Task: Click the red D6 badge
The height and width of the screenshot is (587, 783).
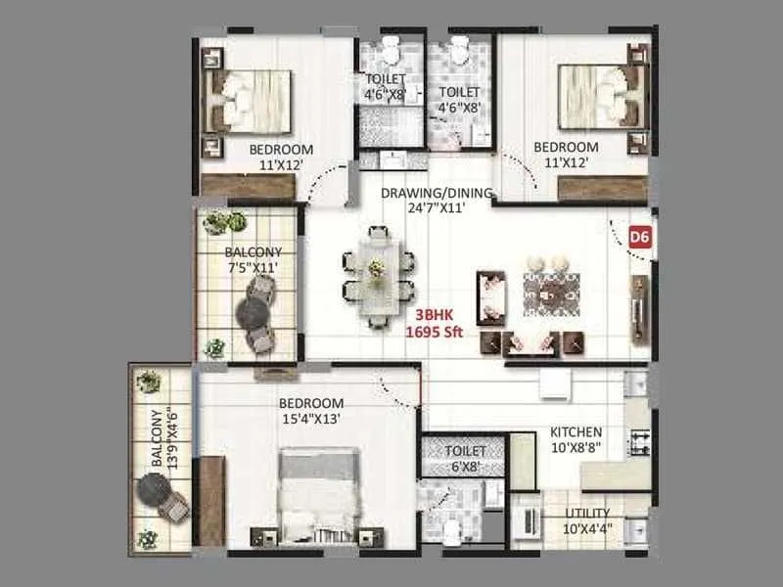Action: [640, 237]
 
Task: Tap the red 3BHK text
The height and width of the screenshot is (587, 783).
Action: [435, 315]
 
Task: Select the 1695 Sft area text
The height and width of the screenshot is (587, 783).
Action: [435, 332]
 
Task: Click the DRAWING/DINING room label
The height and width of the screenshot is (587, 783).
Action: [437, 193]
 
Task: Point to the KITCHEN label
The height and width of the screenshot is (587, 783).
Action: [576, 431]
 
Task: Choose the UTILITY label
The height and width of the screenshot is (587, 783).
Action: [587, 513]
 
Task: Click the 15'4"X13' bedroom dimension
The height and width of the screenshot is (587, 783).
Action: [311, 419]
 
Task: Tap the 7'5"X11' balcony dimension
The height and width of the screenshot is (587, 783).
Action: [253, 268]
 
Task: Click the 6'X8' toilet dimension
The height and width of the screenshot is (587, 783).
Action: [465, 467]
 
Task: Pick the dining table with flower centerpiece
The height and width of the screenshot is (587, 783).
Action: [379, 278]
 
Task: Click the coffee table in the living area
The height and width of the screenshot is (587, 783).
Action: [551, 294]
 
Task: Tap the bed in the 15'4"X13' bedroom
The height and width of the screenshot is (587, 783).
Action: [319, 495]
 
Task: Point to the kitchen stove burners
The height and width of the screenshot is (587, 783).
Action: [640, 443]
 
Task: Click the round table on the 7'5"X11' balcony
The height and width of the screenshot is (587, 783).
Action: [253, 313]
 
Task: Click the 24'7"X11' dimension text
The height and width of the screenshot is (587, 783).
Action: [437, 208]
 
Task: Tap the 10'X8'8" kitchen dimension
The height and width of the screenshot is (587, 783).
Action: [576, 448]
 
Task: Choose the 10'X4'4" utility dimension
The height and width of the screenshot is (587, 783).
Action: [587, 529]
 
